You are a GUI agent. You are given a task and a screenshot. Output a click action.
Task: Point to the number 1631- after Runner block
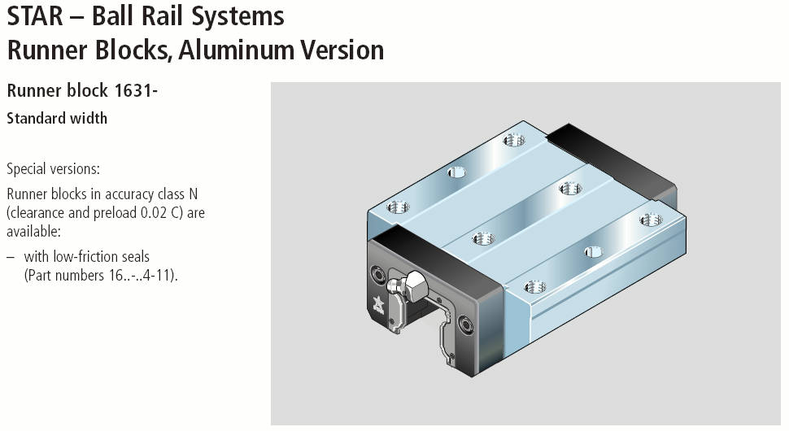point(135,91)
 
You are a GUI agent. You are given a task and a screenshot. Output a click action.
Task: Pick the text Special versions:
point(53,170)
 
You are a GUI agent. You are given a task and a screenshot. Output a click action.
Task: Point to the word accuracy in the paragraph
point(117,194)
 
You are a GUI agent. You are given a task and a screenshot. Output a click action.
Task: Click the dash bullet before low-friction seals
point(11,256)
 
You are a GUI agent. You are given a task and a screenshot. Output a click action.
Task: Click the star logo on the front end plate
point(381,305)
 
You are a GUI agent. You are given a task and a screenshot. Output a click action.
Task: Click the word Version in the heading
point(342,50)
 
